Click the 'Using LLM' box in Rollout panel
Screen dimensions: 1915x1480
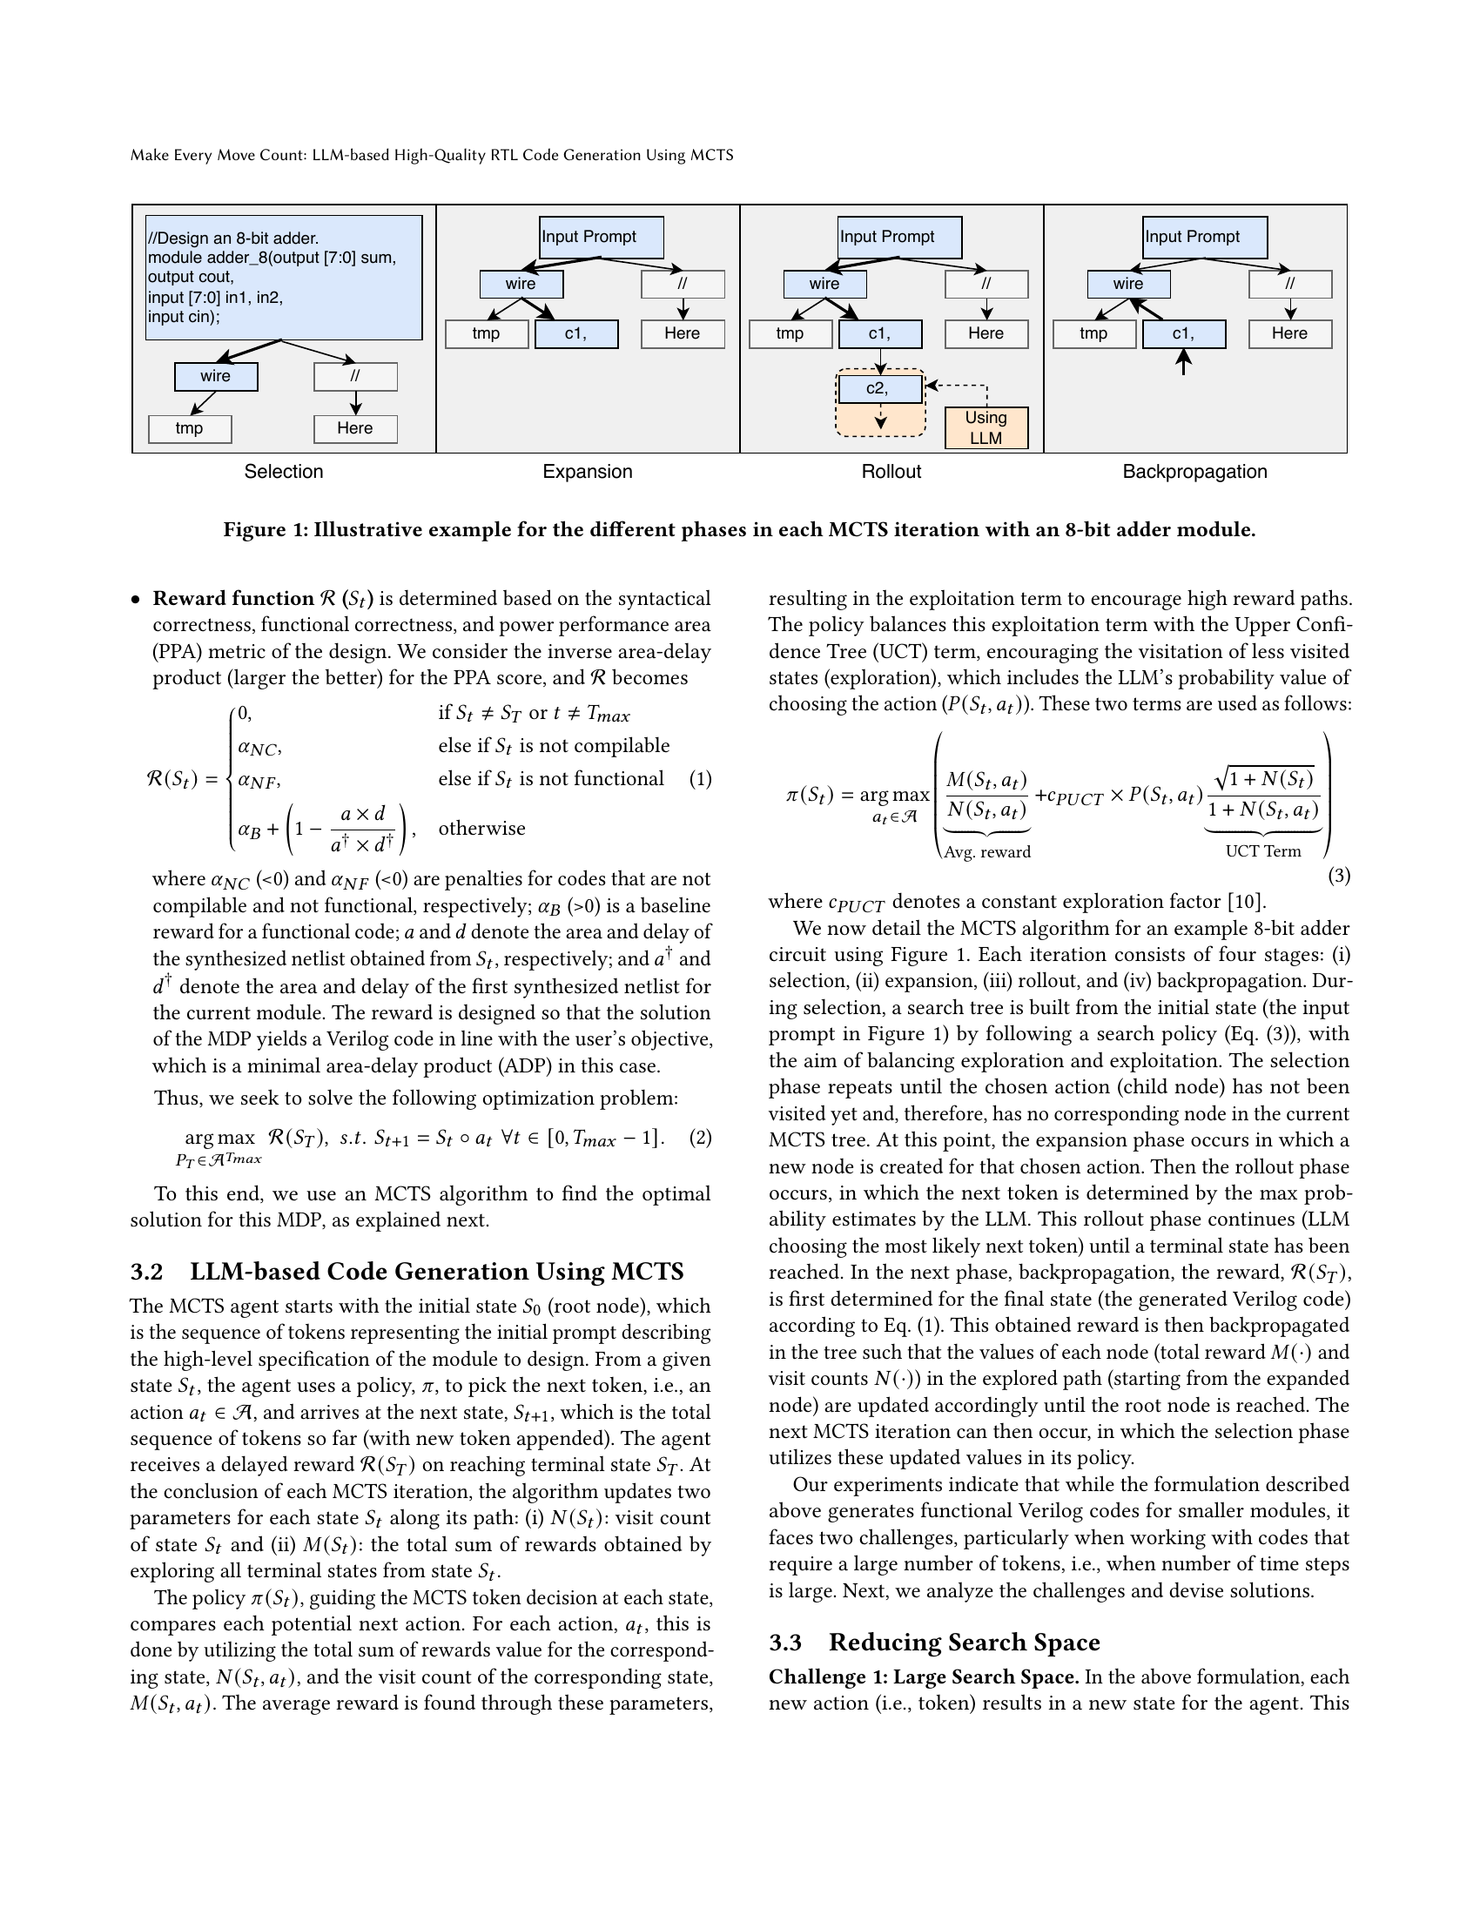(986, 428)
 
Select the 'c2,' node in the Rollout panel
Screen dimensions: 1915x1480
(879, 388)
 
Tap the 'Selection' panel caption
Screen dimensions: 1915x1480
(283, 472)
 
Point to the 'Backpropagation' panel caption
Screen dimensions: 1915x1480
(1194, 472)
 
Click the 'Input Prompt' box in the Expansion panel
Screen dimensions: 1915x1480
(601, 237)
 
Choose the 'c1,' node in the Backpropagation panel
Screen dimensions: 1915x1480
(1184, 334)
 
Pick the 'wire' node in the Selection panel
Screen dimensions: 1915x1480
(216, 376)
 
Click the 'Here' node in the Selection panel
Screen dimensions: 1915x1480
(355, 429)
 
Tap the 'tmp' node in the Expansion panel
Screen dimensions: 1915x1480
(487, 334)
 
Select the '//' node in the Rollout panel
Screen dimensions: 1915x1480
(986, 284)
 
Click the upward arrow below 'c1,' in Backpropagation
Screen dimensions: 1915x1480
(1184, 361)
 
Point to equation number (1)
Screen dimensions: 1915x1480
(700, 779)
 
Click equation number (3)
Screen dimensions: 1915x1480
(1339, 875)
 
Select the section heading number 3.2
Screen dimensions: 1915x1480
(146, 1272)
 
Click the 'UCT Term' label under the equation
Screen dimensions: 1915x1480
(1262, 850)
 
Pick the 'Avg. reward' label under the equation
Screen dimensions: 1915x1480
(987, 851)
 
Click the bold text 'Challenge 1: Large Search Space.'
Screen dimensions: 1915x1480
(923, 1677)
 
